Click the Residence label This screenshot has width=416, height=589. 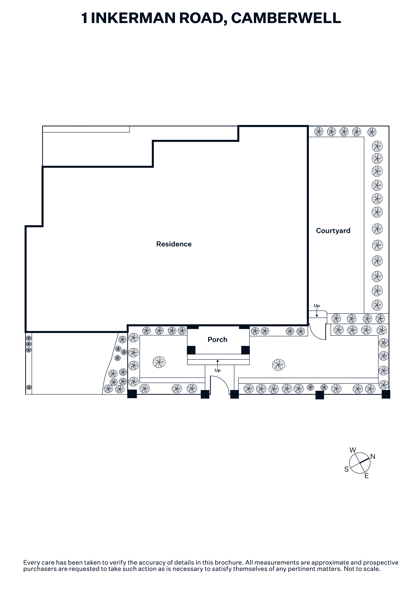[174, 244]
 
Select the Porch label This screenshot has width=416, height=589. [217, 340]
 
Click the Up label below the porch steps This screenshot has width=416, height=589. [217, 370]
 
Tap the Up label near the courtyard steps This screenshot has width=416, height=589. [317, 306]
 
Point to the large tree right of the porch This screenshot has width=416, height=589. [279, 365]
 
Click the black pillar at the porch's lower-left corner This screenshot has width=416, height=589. [191, 350]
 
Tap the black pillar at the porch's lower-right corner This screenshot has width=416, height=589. [245, 350]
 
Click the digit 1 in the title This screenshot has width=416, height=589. [85, 18]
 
